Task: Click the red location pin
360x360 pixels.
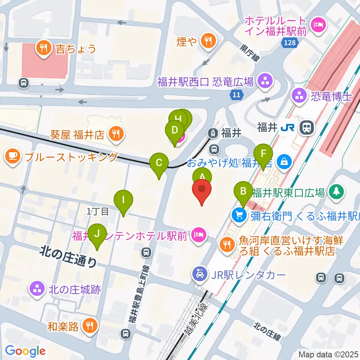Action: click(x=202, y=190)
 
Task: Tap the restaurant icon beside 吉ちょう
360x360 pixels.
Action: click(x=44, y=48)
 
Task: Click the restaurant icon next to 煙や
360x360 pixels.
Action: click(x=207, y=40)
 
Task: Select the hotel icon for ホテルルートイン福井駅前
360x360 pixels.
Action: click(x=319, y=25)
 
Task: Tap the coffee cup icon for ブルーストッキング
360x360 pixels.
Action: click(x=13, y=157)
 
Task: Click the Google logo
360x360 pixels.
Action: click(x=25, y=351)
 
